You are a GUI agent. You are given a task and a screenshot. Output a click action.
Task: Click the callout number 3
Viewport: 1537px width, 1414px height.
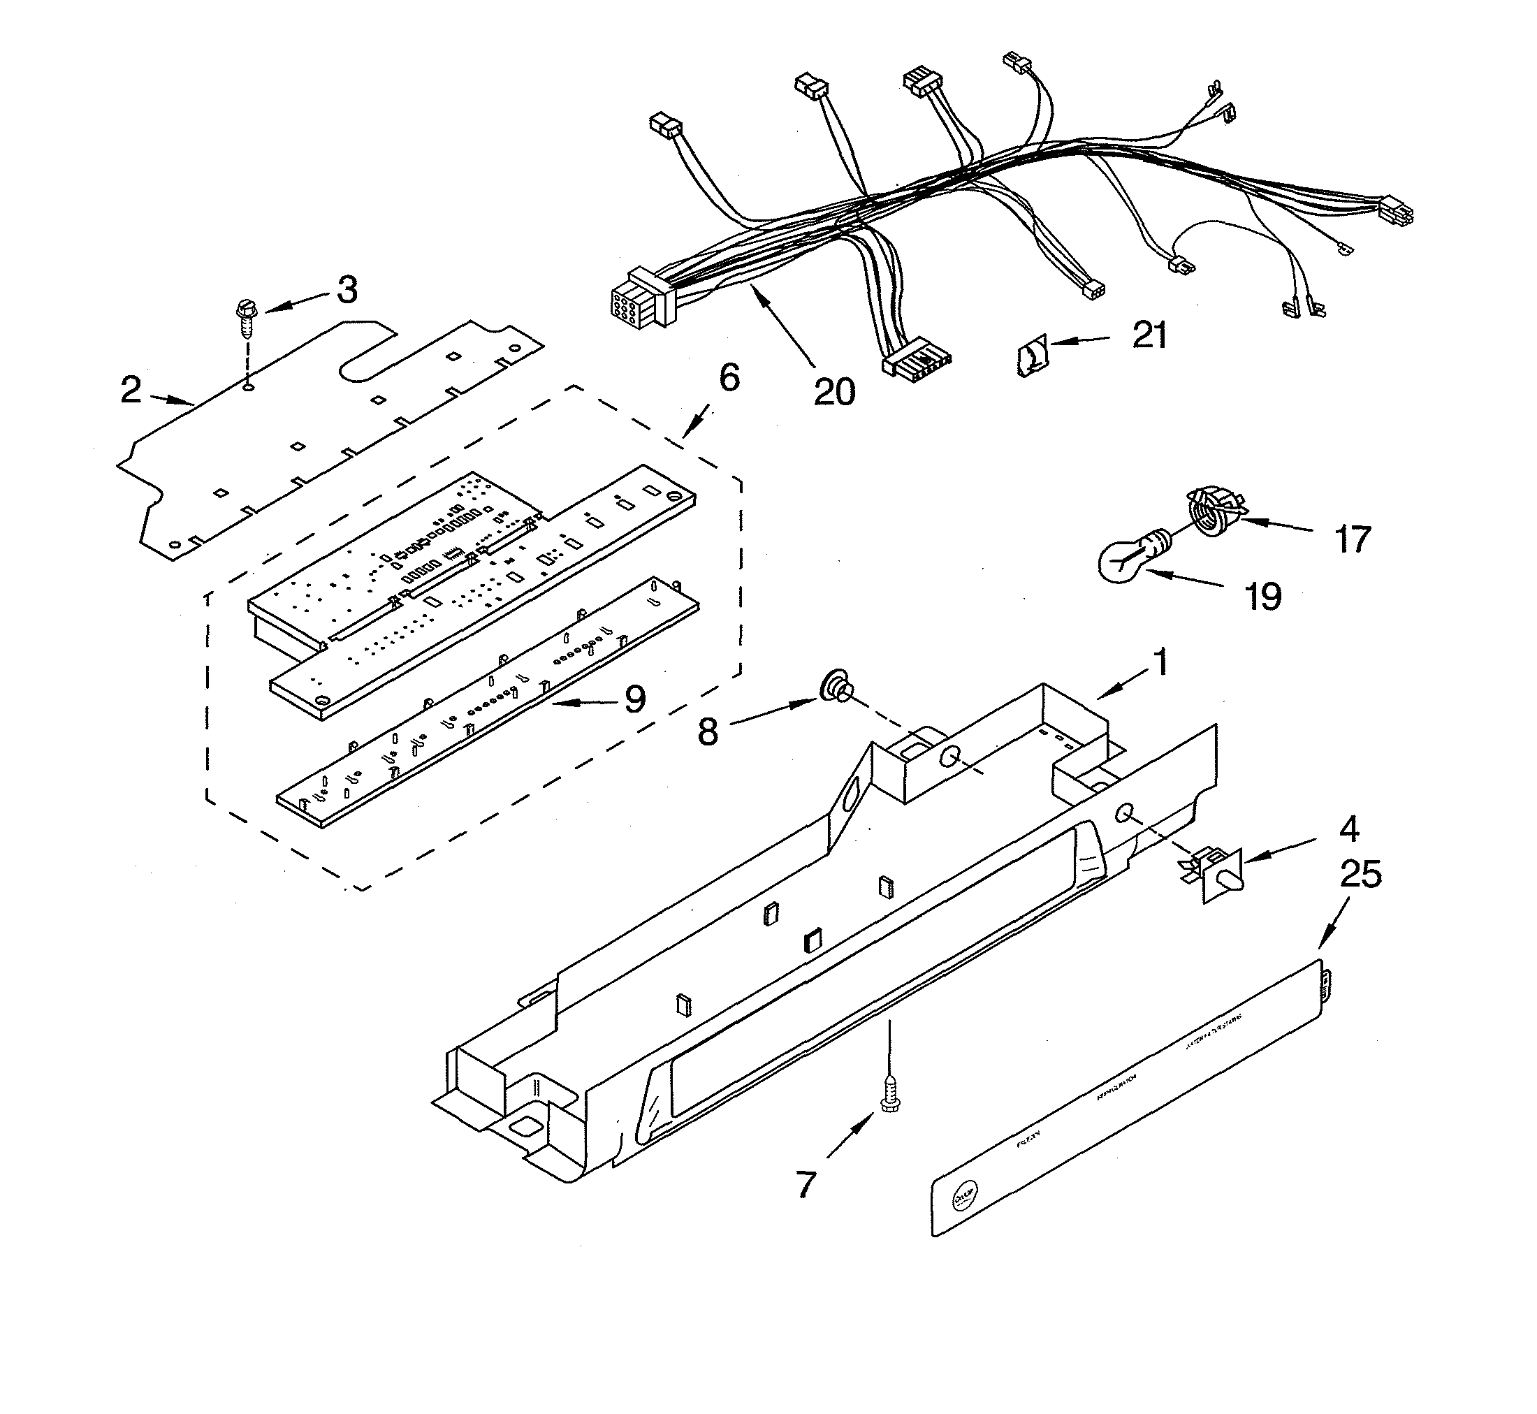tap(347, 291)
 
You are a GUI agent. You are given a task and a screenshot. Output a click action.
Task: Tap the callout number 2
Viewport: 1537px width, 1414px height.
tap(131, 391)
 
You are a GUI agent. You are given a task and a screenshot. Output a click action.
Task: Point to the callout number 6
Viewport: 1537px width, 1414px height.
tap(729, 378)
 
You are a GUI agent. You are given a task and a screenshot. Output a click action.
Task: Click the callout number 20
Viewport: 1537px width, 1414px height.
tap(834, 392)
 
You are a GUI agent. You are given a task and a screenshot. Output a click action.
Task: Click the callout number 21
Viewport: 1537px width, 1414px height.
tap(1149, 335)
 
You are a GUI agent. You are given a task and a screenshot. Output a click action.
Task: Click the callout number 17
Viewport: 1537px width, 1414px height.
tap(1352, 540)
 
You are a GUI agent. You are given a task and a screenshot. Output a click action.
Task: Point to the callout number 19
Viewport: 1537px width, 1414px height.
tap(1263, 597)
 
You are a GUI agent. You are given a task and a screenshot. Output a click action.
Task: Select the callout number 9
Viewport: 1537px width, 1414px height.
tap(634, 699)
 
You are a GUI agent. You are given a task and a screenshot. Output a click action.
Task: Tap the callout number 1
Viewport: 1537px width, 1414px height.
tap(1160, 662)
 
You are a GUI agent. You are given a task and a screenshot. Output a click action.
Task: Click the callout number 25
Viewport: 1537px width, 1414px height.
tap(1361, 875)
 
